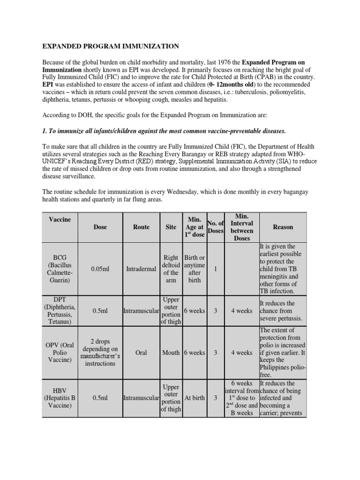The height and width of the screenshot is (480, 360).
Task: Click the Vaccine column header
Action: (x=60, y=219)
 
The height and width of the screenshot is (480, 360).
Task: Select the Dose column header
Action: (x=100, y=227)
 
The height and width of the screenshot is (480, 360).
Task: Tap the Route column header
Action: (x=141, y=227)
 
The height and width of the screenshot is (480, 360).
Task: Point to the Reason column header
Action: (x=283, y=227)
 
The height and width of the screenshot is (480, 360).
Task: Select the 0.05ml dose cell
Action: (x=100, y=269)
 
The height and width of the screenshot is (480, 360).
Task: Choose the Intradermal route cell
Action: (x=141, y=269)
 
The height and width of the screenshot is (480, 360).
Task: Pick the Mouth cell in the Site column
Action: (x=171, y=352)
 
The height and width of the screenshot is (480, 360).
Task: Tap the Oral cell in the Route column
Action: (x=141, y=352)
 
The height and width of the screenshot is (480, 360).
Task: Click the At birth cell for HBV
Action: (x=195, y=398)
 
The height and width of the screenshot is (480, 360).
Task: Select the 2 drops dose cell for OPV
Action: (x=100, y=352)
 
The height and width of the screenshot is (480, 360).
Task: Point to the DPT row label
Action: (x=60, y=310)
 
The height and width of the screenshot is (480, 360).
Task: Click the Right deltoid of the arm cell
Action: (x=171, y=269)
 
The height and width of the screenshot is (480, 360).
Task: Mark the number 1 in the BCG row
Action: (x=215, y=269)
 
